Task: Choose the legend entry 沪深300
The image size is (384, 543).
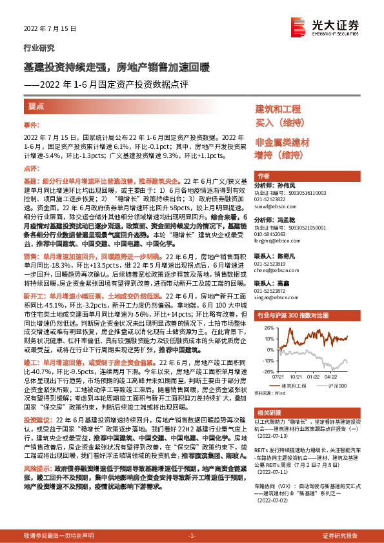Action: point(337,386)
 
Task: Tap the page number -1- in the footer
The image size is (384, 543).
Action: point(191,536)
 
